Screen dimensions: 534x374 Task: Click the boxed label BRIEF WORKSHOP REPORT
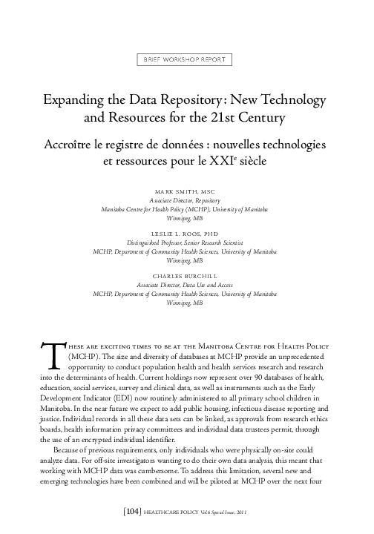[187, 60]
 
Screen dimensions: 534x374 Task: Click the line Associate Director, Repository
[187, 201]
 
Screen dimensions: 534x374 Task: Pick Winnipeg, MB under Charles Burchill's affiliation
[187, 303]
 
